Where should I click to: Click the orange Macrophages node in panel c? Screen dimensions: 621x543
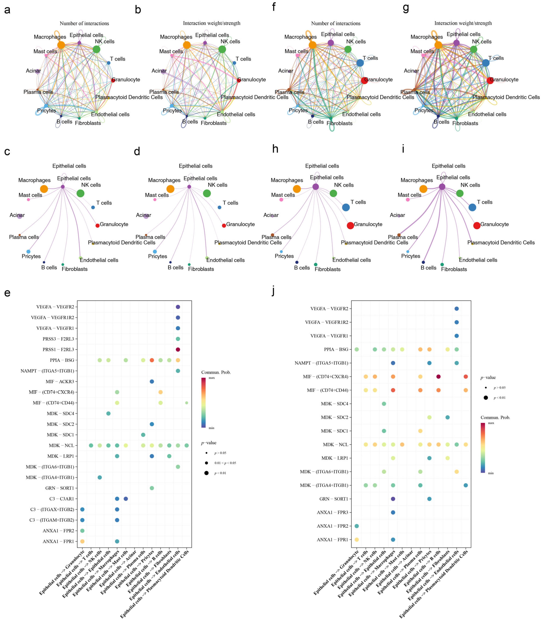44,189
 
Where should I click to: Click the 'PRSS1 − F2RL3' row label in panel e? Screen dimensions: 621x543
58,349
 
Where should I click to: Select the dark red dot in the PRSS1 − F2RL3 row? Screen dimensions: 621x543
178,349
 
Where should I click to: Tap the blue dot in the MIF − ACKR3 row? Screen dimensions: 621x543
152,382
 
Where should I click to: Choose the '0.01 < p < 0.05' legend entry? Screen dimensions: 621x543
225,463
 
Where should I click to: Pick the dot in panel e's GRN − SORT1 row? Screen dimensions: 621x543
152,488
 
